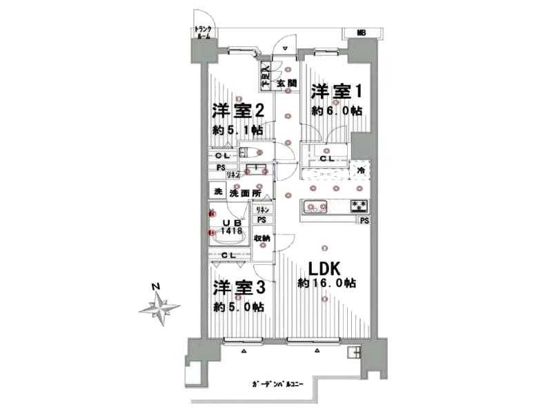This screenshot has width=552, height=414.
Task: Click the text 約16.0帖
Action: tap(326, 283)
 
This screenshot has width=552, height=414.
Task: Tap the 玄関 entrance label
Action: tap(286, 83)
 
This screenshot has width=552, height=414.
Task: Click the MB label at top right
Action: tap(362, 32)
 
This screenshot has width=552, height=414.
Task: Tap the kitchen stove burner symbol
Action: tap(358, 205)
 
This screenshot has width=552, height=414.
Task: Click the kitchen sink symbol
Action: tap(315, 207)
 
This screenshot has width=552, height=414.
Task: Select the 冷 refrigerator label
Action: tap(359, 168)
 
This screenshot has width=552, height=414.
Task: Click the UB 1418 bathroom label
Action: tap(231, 227)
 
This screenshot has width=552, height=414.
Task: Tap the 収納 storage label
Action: tap(262, 238)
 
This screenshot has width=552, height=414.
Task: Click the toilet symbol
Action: tap(250, 152)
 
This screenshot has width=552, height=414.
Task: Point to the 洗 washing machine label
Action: tap(217, 192)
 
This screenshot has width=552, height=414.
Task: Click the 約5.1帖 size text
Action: tap(237, 130)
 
